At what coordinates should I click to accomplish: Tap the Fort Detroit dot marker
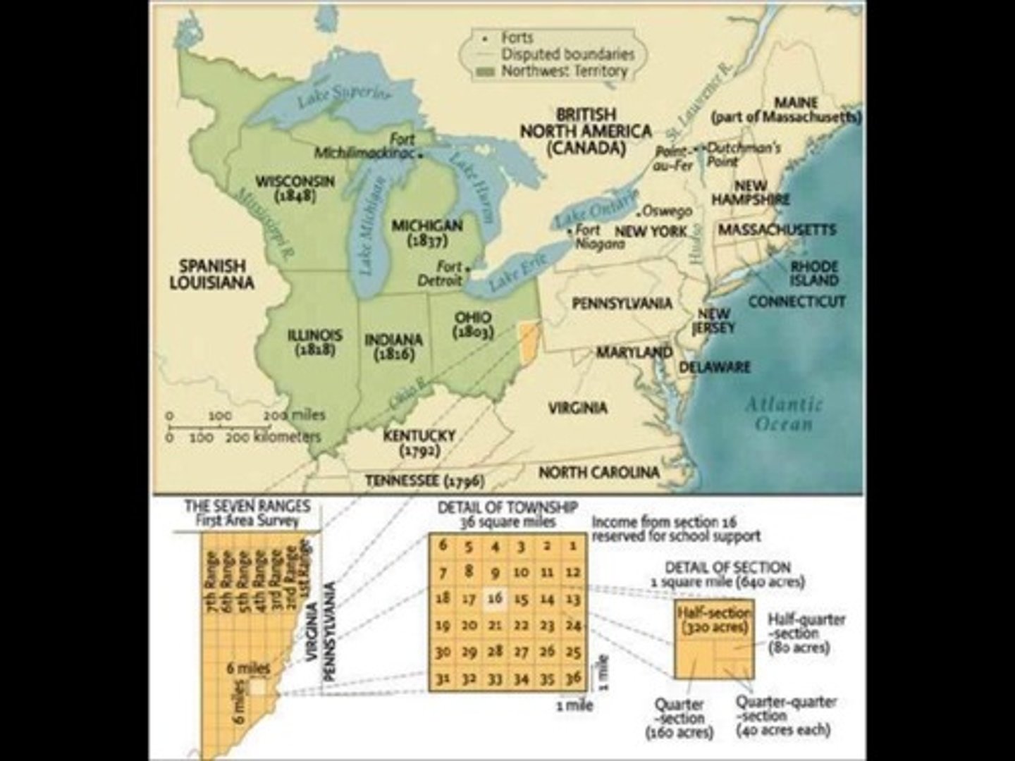pos(467,267)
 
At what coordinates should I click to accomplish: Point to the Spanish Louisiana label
pos(211,274)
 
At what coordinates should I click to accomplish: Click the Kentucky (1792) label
pos(419,443)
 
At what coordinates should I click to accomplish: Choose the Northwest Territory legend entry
pos(563,71)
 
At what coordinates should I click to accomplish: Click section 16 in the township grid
pos(495,598)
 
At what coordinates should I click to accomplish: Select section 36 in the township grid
pos(573,677)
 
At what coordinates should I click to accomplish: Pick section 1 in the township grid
pos(573,545)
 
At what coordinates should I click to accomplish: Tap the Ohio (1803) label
pos(473,324)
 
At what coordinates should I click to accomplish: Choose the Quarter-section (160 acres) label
pos(679,718)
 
